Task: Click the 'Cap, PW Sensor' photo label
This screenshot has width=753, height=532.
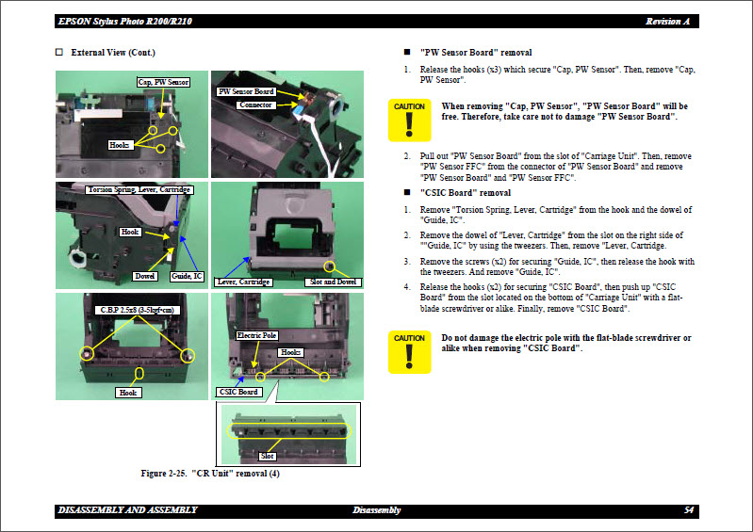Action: pos(163,83)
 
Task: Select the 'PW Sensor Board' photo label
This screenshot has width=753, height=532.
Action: pos(246,91)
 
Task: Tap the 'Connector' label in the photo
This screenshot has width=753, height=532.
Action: pos(254,105)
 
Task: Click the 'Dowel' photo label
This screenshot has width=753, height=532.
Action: pos(144,276)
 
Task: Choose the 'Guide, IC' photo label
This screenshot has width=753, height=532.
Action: pos(186,276)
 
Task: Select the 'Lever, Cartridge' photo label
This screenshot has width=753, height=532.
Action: pos(244,282)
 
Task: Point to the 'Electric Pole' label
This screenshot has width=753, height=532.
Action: pos(256,335)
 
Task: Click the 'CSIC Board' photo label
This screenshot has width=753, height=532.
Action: pos(238,392)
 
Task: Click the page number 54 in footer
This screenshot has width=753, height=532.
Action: pos(689,510)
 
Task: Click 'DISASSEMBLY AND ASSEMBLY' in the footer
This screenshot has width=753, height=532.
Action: pos(127,510)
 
